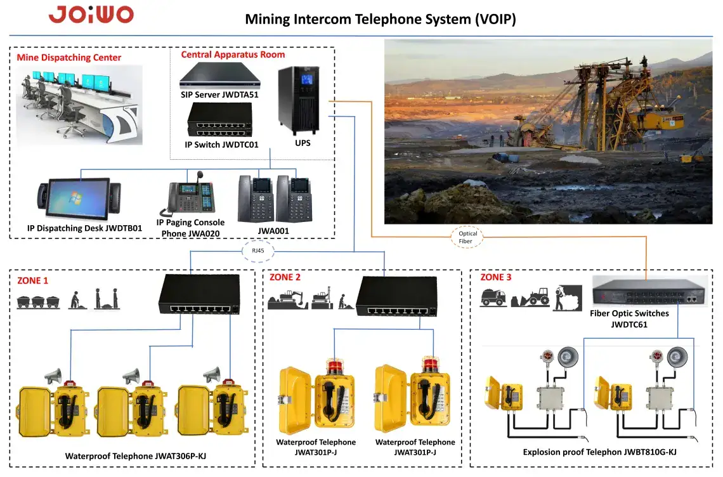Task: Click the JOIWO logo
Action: [91, 15]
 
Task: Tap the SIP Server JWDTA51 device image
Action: [220, 75]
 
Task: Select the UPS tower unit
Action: [299, 101]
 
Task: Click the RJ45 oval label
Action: [258, 251]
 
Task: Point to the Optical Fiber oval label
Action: [467, 237]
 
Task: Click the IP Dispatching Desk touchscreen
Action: [79, 199]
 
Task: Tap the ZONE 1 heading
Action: [32, 280]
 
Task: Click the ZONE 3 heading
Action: [496, 277]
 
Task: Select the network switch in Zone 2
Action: [397, 296]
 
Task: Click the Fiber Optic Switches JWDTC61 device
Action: [649, 291]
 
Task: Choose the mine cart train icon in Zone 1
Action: [38, 302]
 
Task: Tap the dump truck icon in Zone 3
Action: [493, 297]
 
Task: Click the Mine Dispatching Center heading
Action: [68, 58]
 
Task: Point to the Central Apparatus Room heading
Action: [233, 55]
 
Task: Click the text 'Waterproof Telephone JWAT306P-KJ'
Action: [136, 456]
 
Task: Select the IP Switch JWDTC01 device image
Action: [220, 119]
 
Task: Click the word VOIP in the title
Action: [496, 20]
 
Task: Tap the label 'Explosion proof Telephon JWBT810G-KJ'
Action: [599, 452]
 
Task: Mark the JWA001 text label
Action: [273, 231]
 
